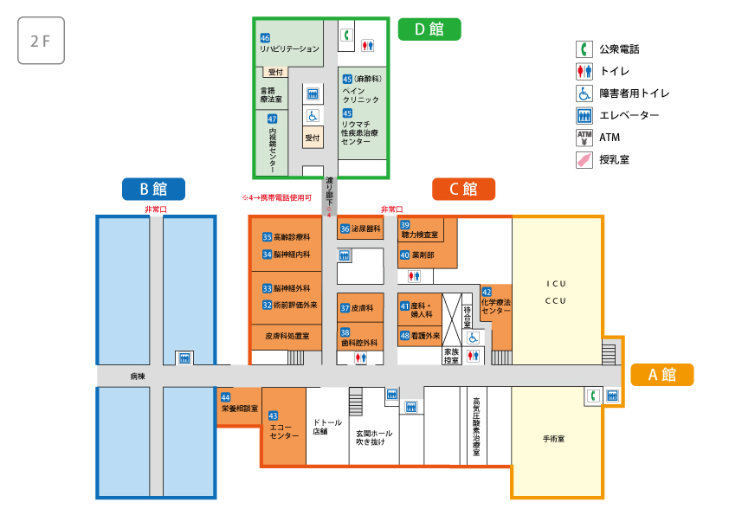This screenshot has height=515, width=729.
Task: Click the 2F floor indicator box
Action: pyautogui.click(x=41, y=41)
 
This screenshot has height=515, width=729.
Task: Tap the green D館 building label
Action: pyautogui.click(x=429, y=29)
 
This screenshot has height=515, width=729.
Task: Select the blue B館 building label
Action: pyautogui.click(x=152, y=188)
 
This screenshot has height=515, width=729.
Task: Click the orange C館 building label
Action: pyautogui.click(x=463, y=188)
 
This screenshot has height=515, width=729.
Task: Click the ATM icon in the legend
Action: pyautogui.click(x=584, y=137)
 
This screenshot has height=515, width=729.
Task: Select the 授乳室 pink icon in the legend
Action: pyautogui.click(x=584, y=159)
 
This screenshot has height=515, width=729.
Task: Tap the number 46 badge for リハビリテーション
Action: pyautogui.click(x=265, y=38)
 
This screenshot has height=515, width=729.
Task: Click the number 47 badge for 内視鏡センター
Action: pyautogui.click(x=273, y=119)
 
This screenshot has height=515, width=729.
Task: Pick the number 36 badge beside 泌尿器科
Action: pyautogui.click(x=345, y=229)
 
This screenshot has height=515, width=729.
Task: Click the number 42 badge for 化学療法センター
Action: pyautogui.click(x=487, y=292)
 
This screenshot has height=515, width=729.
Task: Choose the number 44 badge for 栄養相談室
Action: pyautogui.click(x=225, y=396)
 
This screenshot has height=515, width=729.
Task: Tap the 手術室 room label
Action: pyautogui.click(x=553, y=439)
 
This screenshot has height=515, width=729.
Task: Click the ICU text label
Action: pyautogui.click(x=555, y=283)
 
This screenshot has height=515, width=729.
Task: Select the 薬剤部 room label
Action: pyautogui.click(x=423, y=255)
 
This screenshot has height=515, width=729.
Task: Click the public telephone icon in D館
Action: pyautogui.click(x=345, y=35)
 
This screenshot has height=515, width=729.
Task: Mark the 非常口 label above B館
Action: pyautogui.click(x=154, y=209)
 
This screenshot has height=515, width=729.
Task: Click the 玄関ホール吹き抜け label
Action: pyautogui.click(x=374, y=437)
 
